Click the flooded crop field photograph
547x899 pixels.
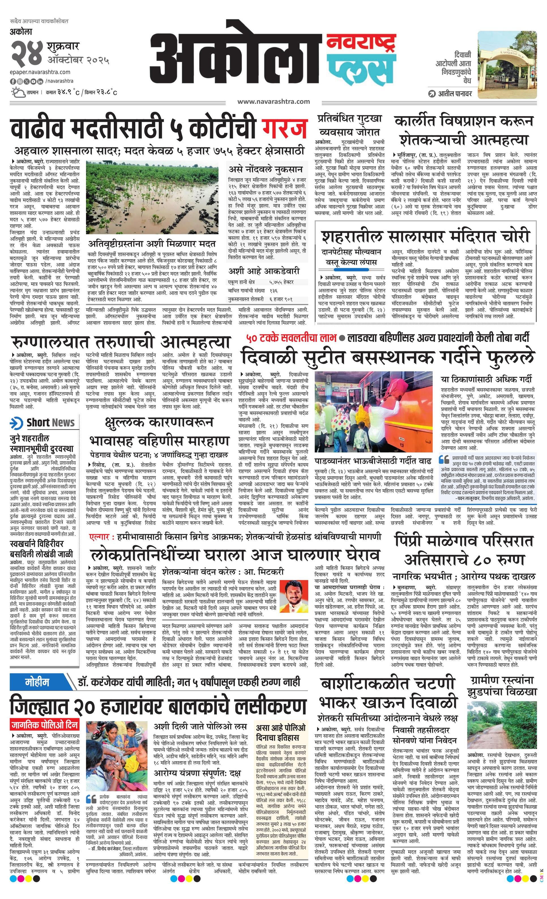point(152,197)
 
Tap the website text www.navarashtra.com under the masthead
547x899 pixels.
point(273,101)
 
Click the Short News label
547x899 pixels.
point(50,422)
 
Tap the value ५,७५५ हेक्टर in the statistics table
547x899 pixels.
point(281,282)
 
